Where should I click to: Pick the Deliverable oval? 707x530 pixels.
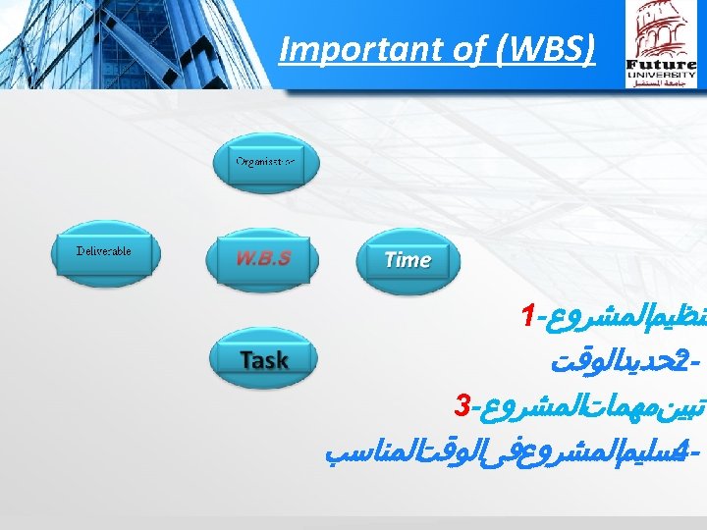(x=104, y=252)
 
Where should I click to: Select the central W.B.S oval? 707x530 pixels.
(x=262, y=259)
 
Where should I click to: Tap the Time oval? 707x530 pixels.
(x=407, y=260)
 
